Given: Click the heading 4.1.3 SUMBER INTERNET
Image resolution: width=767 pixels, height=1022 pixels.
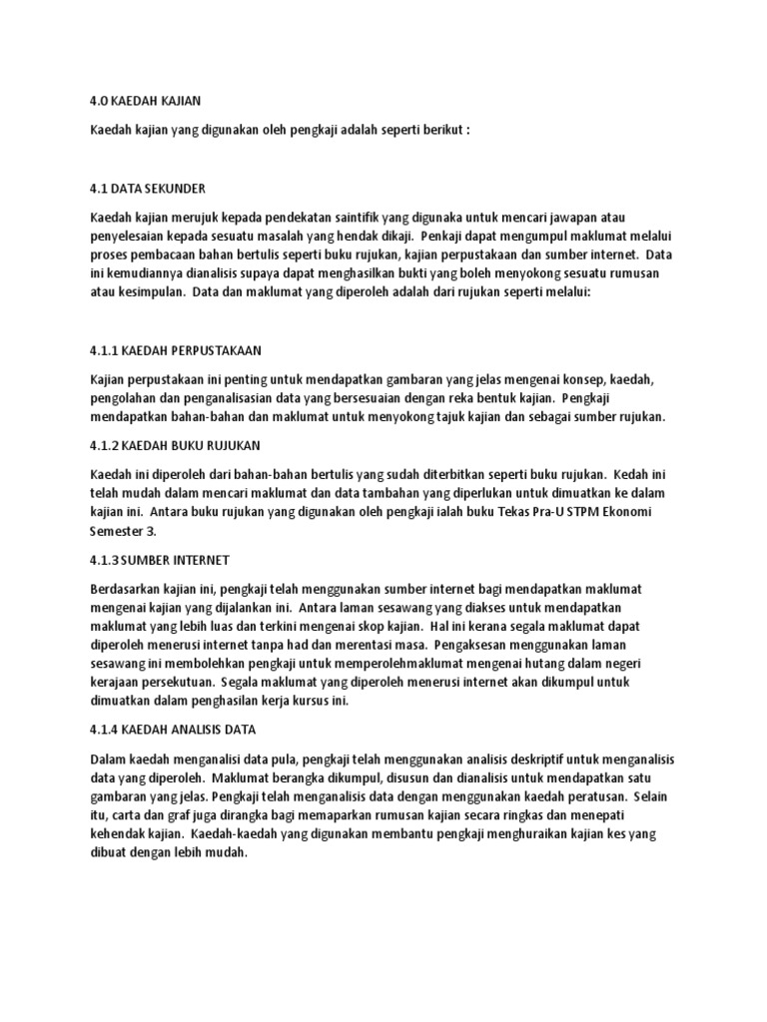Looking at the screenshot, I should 160,560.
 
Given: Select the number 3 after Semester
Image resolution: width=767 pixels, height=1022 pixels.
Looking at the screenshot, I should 152,531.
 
